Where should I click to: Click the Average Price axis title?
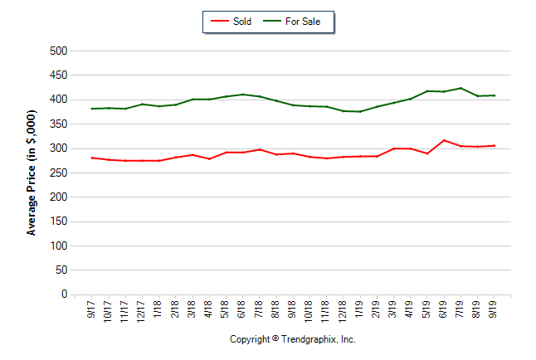click(32, 173)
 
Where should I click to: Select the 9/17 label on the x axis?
click(92, 309)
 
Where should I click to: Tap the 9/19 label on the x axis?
click(495, 309)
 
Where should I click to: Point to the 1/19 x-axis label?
click(360, 309)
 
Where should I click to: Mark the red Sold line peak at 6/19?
click(444, 140)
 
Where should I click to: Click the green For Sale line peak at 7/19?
click(460, 88)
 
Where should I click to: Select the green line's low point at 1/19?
click(360, 112)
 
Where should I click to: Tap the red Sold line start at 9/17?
click(92, 158)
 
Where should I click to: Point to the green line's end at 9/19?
click(495, 95)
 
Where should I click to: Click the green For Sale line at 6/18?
click(243, 95)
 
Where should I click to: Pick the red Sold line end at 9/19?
click(495, 146)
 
